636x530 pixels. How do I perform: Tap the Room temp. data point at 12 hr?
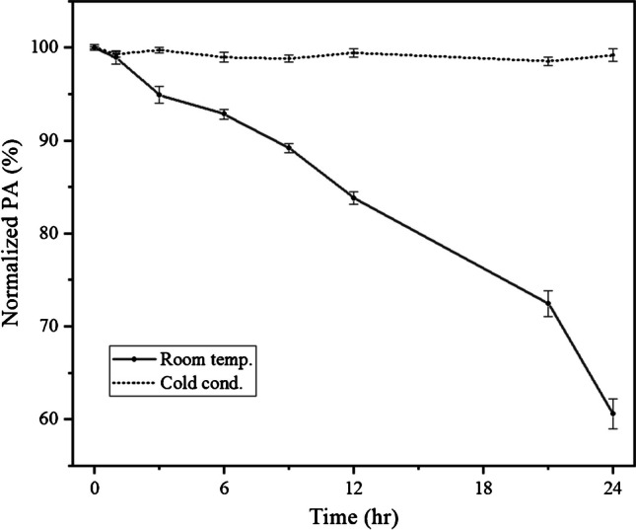click(x=354, y=197)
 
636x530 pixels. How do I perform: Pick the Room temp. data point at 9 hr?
click(x=289, y=148)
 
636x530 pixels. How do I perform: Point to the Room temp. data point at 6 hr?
click(x=224, y=114)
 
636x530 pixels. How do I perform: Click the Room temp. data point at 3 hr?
click(x=160, y=96)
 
